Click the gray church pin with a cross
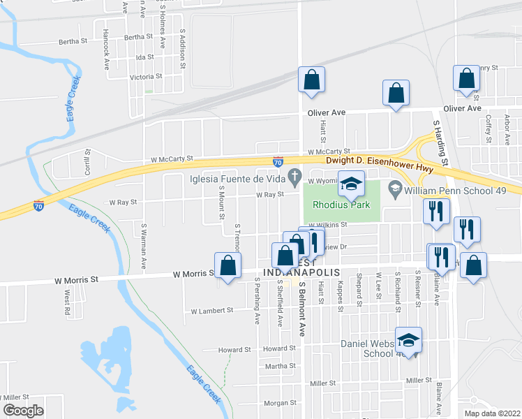click(x=295, y=175)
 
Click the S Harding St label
click(x=441, y=142)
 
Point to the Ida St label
click(x=144, y=57)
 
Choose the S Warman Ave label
click(x=144, y=247)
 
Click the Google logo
click(x=22, y=411)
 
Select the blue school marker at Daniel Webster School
click(x=409, y=340)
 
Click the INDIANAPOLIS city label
click(x=301, y=272)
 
